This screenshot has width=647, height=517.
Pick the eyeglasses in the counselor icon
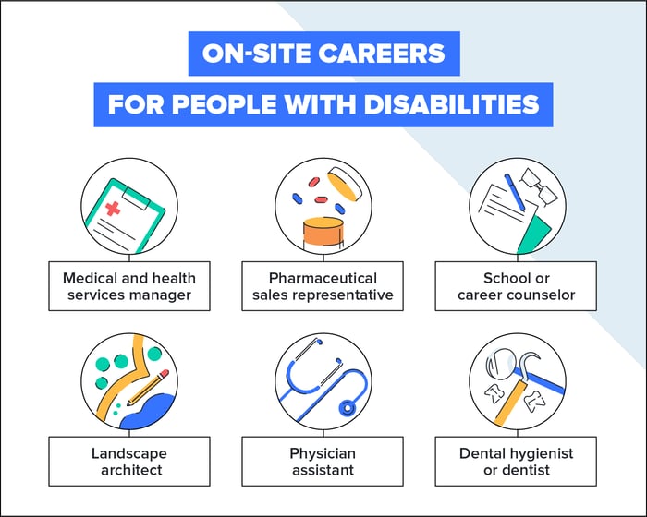tap(535, 182)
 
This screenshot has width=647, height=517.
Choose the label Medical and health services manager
tap(129, 286)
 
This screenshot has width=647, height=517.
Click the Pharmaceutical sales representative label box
tap(323, 286)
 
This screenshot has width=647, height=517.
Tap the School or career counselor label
tap(516, 286)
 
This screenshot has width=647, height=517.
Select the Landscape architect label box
tap(129, 462)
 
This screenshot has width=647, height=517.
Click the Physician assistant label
tap(323, 462)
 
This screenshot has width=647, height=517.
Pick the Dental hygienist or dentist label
tap(516, 462)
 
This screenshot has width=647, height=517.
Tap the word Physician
tap(323, 453)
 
